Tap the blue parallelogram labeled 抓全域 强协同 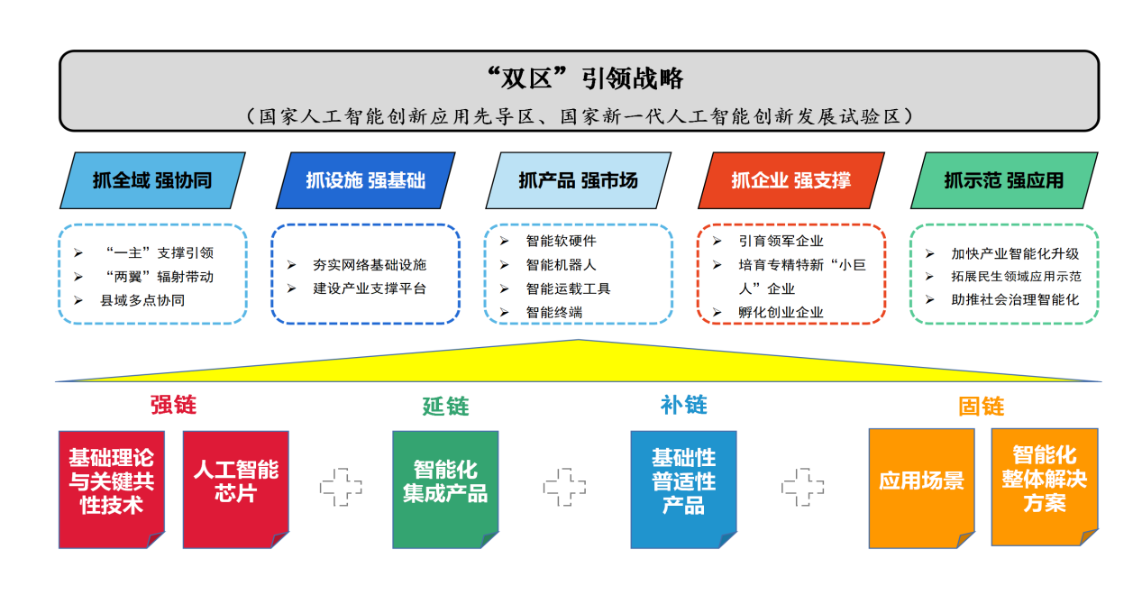(152, 180)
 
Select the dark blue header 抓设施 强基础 (365, 180)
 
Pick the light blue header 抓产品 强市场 (578, 180)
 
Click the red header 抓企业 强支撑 (790, 180)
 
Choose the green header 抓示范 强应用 (1003, 180)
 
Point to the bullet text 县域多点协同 (142, 300)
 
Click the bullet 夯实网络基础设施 (369, 265)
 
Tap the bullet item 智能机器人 (561, 265)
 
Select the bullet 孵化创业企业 (781, 313)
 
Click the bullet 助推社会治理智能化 (1014, 300)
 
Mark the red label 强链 (173, 405)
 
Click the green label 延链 (445, 407)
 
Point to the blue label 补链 (683, 405)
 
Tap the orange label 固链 (981, 407)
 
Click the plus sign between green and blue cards (564, 487)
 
